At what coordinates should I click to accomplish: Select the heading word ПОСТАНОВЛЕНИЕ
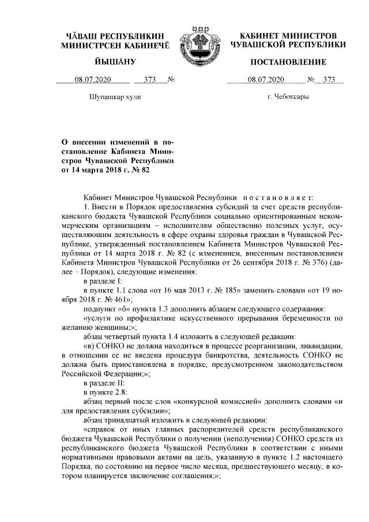tap(288, 62)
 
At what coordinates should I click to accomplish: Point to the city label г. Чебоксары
tap(288, 97)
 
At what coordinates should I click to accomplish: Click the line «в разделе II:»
tap(104, 383)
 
